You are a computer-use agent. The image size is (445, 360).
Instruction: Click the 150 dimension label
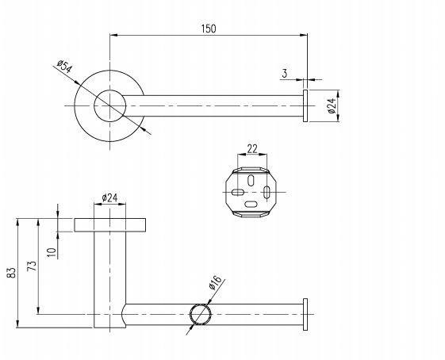pos(209,29)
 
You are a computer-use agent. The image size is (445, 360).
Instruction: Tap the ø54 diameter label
pos(65,67)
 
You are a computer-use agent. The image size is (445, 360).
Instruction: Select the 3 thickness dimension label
pos(284,74)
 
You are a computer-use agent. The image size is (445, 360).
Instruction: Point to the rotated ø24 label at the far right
pos(332,105)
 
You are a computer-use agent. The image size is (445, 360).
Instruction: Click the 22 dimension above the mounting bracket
pos(252,148)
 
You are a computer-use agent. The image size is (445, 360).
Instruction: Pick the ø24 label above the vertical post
pos(109,197)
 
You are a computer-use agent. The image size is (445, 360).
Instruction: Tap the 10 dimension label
pos(52,252)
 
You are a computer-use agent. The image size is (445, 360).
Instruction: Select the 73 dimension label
pos(32,266)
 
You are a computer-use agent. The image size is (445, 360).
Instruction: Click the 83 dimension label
pos(12,273)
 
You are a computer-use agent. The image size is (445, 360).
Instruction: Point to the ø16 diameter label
pos(215,283)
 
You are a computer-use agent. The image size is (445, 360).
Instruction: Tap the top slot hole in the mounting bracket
pos(251,181)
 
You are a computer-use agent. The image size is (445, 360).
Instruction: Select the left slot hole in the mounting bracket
pos(238,193)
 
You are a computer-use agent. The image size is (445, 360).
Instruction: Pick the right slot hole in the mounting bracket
pos(267,193)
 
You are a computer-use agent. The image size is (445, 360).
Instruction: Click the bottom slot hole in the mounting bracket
pos(251,204)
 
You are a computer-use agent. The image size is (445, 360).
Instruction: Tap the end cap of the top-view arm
pos(305,105)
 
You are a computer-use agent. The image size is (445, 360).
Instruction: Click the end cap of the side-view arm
pos(305,314)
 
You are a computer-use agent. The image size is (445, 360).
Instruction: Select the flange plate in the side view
pos(110,225)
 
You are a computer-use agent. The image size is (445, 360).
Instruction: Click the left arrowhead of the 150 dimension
pos(113,35)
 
